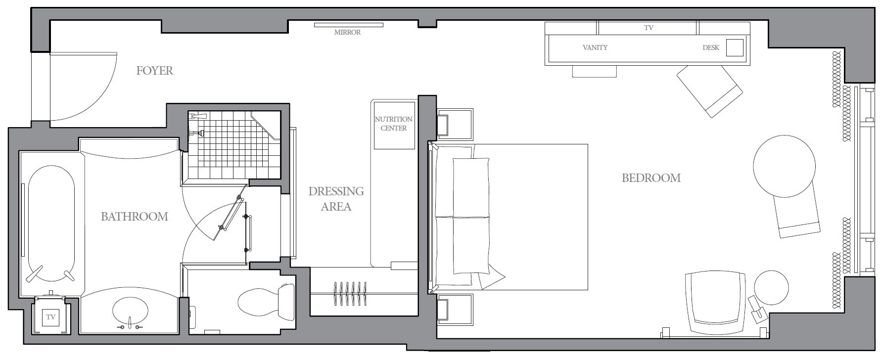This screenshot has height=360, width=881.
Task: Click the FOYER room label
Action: click(x=155, y=71)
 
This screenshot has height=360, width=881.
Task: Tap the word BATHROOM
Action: click(x=134, y=216)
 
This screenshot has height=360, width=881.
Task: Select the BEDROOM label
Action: click(x=651, y=178)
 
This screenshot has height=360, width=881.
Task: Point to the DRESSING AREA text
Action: click(x=336, y=199)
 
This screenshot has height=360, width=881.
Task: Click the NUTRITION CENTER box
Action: click(x=394, y=125)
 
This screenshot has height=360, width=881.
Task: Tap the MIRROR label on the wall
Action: click(x=347, y=32)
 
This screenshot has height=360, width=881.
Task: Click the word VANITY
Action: click(x=595, y=47)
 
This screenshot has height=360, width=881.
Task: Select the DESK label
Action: click(x=711, y=47)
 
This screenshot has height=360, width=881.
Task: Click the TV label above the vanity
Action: click(x=649, y=28)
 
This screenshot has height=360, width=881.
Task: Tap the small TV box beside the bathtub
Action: click(x=50, y=317)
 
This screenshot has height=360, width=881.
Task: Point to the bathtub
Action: click(x=51, y=225)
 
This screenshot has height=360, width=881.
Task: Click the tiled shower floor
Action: click(x=233, y=144)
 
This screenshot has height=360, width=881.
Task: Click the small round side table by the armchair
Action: click(x=771, y=287)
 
